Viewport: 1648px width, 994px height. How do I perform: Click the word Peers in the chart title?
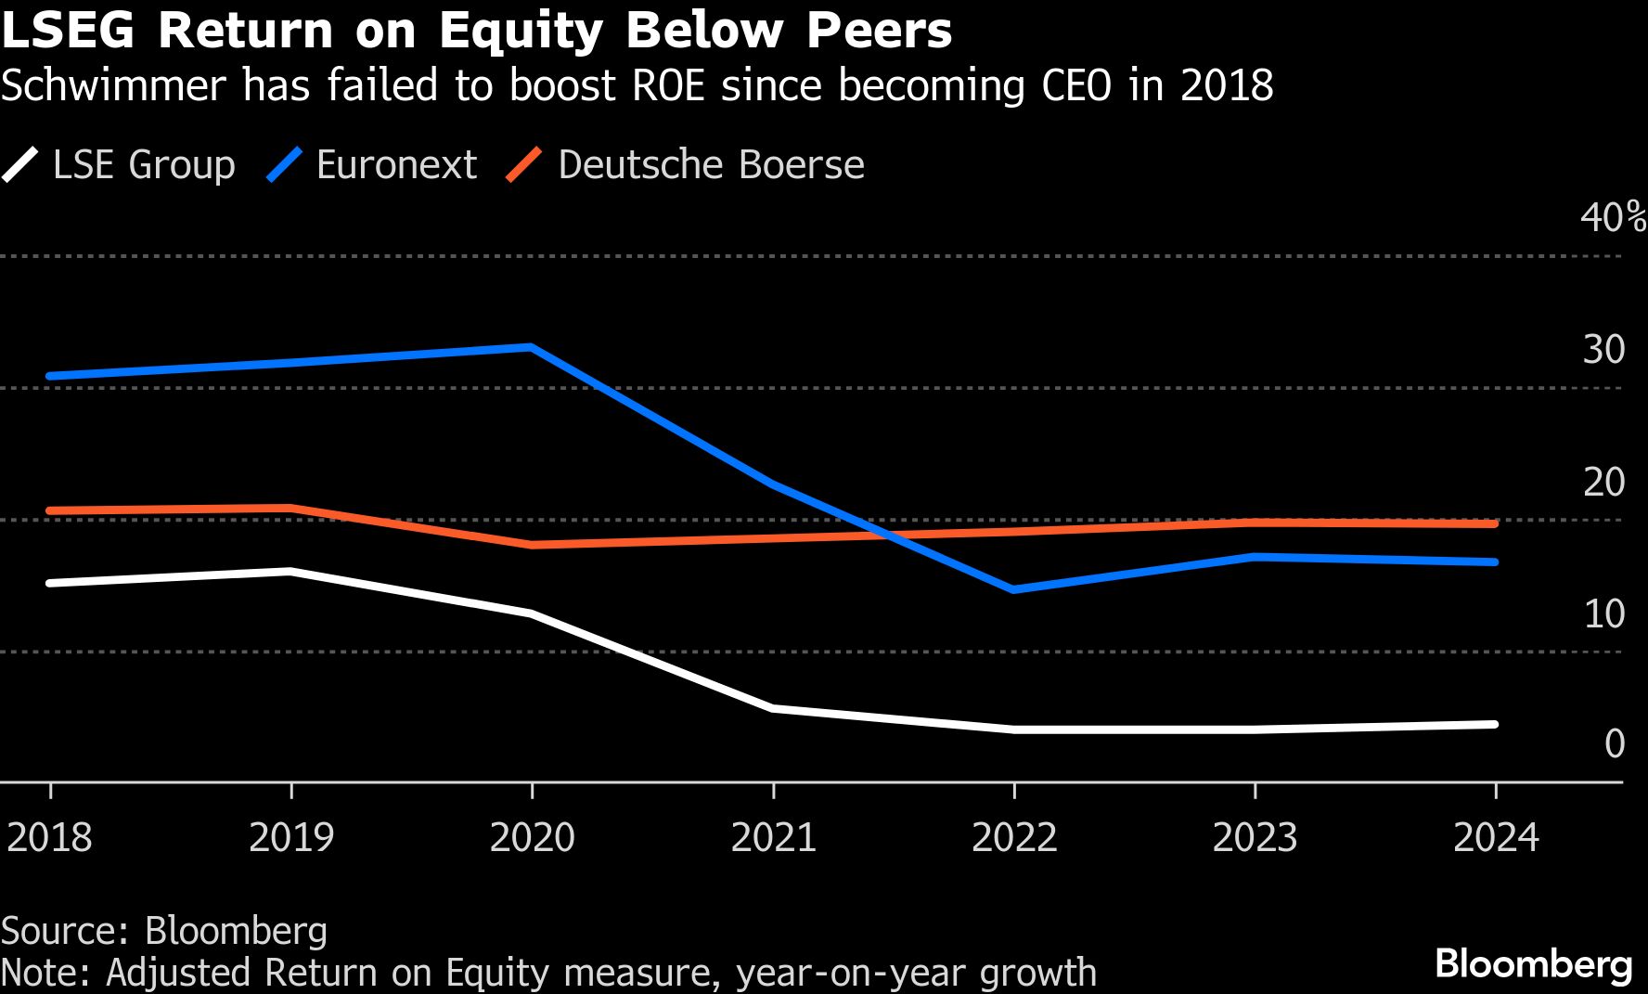(x=879, y=31)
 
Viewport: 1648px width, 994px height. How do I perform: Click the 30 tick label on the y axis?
(x=1603, y=350)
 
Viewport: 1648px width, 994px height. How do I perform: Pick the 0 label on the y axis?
(x=1615, y=744)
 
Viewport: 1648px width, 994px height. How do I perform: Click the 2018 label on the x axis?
(x=50, y=837)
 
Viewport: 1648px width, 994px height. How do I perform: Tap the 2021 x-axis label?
(x=773, y=837)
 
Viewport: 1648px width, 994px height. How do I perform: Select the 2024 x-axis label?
(x=1496, y=837)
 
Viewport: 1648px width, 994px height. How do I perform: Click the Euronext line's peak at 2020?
(x=531, y=347)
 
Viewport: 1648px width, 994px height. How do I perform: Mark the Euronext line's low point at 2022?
(x=1014, y=589)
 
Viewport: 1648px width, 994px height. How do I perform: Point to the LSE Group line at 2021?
(x=773, y=708)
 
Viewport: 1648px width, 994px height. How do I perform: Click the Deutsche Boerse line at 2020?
(x=532, y=545)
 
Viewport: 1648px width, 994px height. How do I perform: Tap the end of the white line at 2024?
(x=1494, y=724)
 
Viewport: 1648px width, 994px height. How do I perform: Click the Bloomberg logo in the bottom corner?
(x=1533, y=964)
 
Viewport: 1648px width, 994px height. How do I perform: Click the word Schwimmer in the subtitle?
(x=113, y=85)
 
